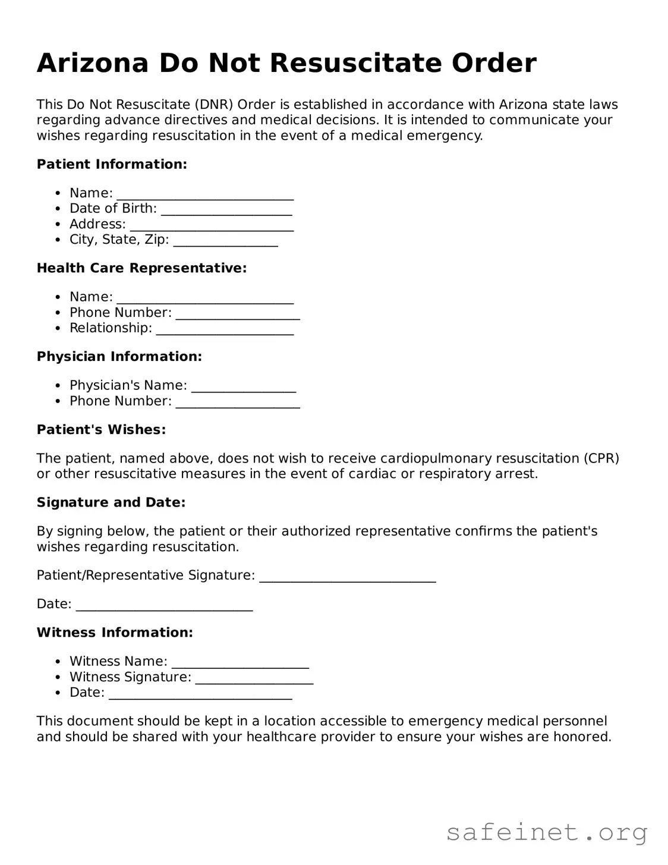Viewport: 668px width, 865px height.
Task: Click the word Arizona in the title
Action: tap(92, 64)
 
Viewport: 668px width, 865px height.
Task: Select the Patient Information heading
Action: tap(112, 164)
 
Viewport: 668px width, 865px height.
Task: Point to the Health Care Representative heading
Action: tap(141, 268)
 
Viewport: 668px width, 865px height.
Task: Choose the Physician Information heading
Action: tap(119, 357)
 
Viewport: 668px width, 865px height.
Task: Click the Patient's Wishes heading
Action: tap(101, 430)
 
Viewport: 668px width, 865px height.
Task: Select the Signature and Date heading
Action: tap(111, 502)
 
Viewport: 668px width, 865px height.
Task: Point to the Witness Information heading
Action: tap(115, 633)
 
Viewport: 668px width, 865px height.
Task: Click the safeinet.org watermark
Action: tap(547, 832)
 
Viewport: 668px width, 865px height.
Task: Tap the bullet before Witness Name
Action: tap(57, 662)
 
